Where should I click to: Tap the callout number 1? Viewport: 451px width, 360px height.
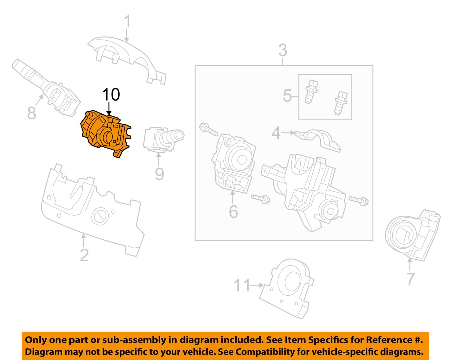(128, 22)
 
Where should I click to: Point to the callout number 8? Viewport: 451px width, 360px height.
(32, 113)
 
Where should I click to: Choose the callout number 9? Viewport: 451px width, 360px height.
(159, 174)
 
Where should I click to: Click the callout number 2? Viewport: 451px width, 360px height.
(84, 255)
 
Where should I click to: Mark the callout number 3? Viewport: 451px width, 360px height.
(283, 50)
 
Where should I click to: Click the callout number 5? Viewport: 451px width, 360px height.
(287, 96)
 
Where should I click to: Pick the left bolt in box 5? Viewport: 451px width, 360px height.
(311, 91)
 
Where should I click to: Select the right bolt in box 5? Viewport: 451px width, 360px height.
(341, 103)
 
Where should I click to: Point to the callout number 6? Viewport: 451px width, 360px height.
(233, 212)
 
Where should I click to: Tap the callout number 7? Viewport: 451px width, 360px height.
(410, 279)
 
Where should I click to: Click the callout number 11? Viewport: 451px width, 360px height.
(242, 285)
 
